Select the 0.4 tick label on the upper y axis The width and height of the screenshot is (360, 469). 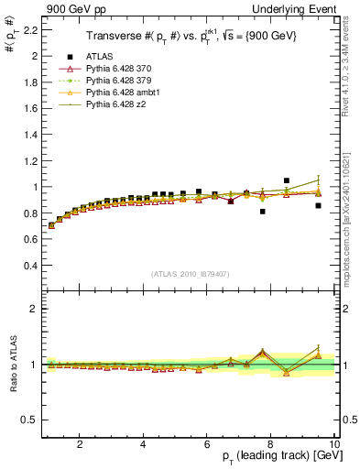click(x=31, y=266)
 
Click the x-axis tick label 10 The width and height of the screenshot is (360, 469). click(x=334, y=444)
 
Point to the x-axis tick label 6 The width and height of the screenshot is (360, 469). click(x=207, y=444)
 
